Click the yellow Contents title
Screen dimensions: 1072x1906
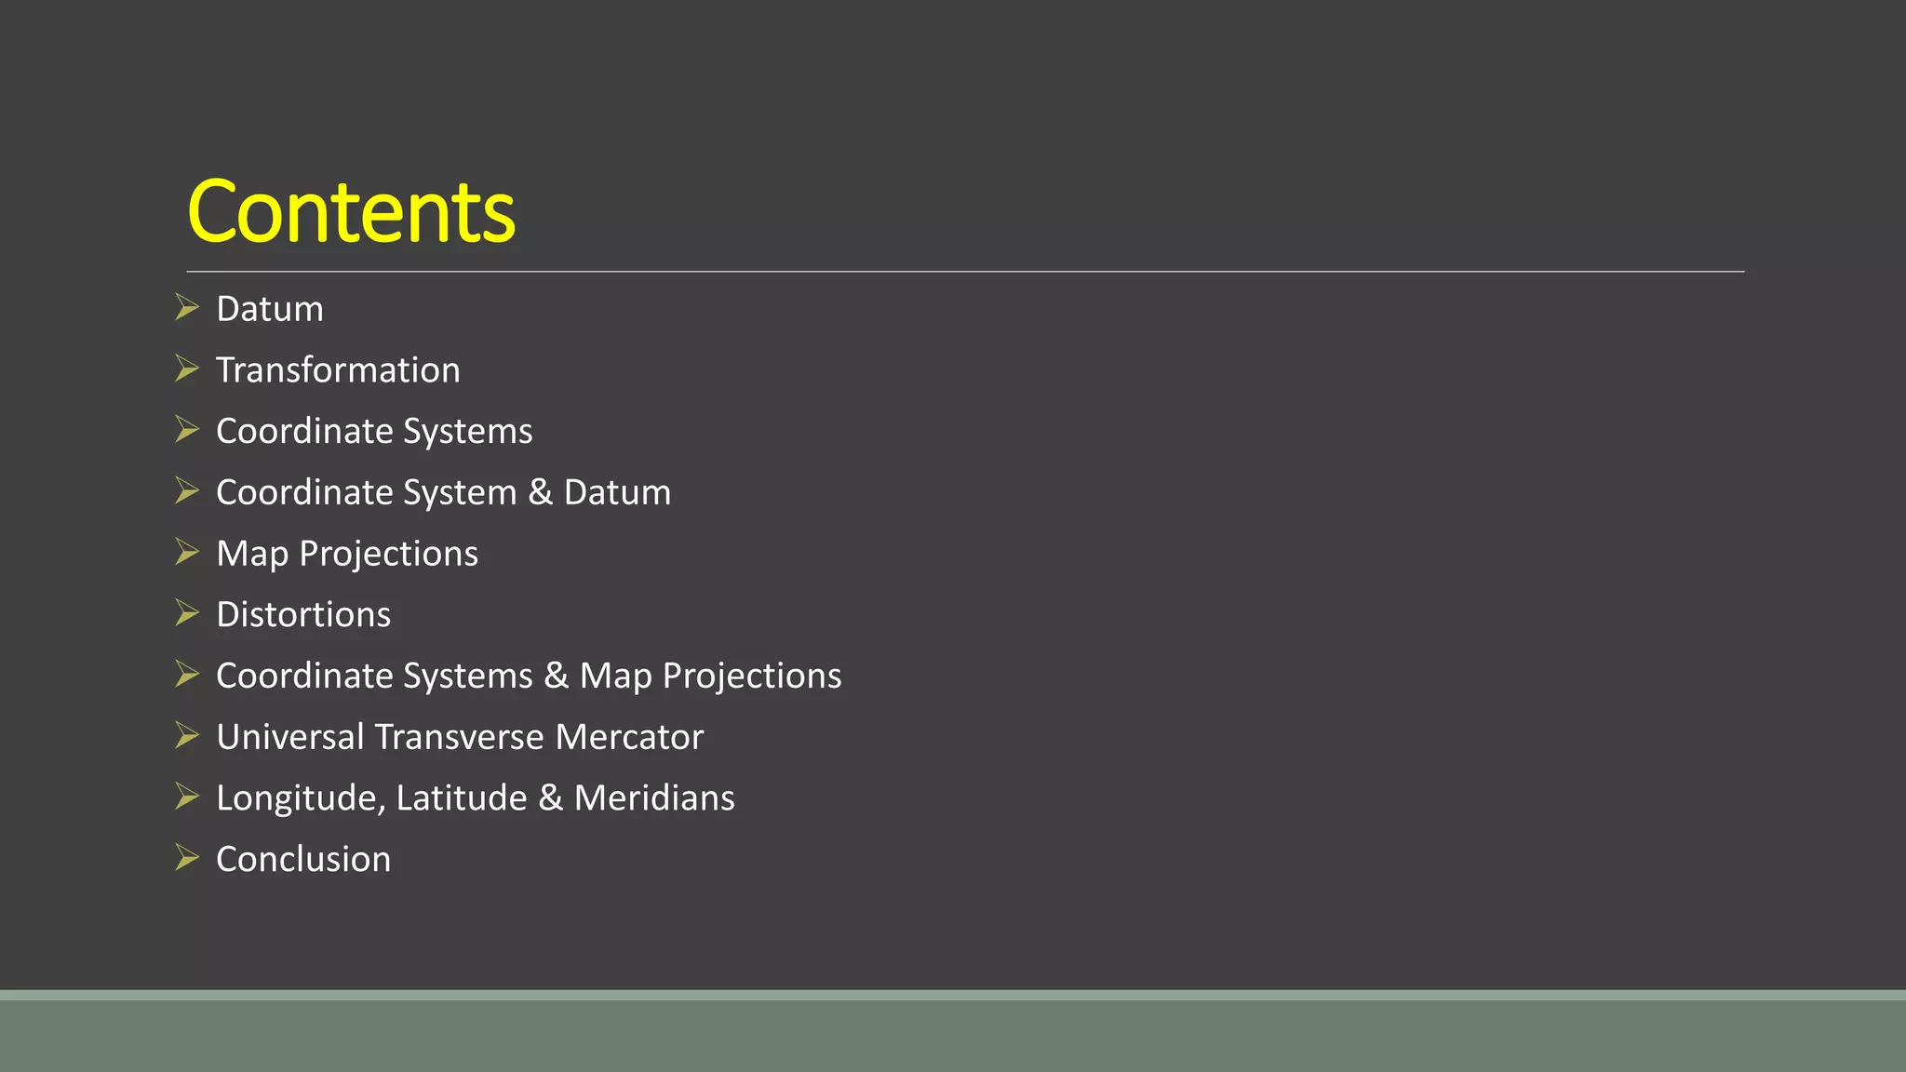tap(351, 212)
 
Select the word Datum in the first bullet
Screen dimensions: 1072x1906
tap(270, 309)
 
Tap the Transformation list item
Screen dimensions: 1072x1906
tap(338, 370)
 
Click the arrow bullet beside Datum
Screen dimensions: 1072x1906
tap(187, 307)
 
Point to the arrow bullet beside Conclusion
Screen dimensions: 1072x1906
tap(187, 857)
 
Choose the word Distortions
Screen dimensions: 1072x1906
tap(303, 615)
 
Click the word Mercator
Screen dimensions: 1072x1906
tap(629, 737)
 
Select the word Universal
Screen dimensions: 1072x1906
tap(289, 737)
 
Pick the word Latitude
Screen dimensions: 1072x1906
tap(462, 798)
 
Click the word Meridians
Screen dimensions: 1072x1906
tap(654, 798)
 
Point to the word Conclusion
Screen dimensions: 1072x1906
tap(303, 859)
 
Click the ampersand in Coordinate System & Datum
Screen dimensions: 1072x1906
tap(540, 492)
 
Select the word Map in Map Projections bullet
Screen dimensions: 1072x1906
tap(251, 554)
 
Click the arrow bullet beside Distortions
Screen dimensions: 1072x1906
tap(187, 612)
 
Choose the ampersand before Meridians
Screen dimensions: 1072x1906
tap(550, 798)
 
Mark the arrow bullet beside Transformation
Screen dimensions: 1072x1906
tap(187, 368)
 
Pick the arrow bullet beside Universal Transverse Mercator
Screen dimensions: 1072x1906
tap(187, 735)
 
